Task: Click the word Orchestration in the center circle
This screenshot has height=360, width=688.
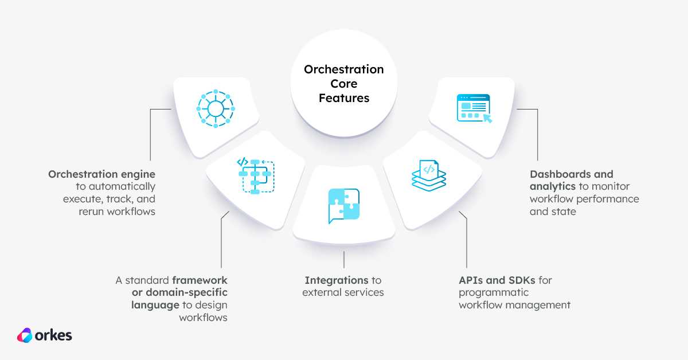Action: (343, 69)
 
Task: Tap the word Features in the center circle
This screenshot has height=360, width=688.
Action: (344, 98)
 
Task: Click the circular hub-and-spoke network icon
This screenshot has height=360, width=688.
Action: (216, 109)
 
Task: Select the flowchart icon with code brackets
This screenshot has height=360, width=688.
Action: (256, 176)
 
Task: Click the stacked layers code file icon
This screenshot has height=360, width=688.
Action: (429, 175)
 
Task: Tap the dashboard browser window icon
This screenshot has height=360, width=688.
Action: (474, 108)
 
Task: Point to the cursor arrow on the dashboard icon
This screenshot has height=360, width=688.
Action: (487, 118)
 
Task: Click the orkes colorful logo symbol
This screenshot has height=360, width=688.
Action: (25, 335)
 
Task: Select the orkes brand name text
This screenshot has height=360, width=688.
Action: (53, 335)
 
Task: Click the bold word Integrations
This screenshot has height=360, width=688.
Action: (337, 280)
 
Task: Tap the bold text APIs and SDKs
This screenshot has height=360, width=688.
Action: (497, 280)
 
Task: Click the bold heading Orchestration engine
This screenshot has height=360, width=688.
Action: (101, 174)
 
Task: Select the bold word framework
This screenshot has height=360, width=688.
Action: (200, 280)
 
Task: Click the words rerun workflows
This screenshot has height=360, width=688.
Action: (117, 212)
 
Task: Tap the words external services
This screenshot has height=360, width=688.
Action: (343, 292)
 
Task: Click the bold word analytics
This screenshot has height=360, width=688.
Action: (553, 187)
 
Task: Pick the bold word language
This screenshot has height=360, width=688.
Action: (155, 306)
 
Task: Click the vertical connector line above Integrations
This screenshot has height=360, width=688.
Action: (344, 260)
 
